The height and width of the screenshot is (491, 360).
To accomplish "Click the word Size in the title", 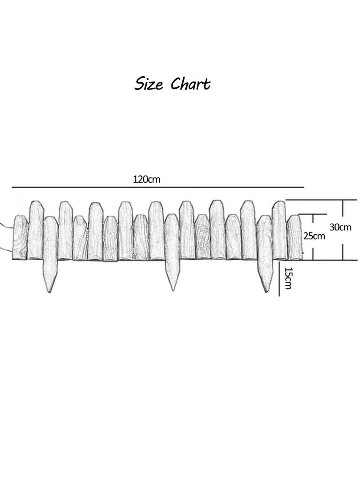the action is [x=148, y=84].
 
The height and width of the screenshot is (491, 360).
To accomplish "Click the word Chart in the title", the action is [x=191, y=84].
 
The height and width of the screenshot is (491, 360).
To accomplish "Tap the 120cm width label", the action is [x=147, y=180].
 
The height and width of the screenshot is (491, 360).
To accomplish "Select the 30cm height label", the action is [x=340, y=227].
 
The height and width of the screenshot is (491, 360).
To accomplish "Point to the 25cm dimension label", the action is [x=314, y=236].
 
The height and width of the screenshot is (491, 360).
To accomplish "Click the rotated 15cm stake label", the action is [x=288, y=278].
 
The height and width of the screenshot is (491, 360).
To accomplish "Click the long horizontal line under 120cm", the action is [x=158, y=187].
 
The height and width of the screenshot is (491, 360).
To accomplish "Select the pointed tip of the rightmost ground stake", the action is [x=266, y=292].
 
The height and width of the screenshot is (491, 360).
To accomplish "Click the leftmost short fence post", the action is [x=20, y=237].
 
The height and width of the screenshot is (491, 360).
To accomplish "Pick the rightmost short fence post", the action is [x=294, y=237].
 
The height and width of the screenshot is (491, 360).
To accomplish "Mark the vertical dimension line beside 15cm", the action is [x=279, y=279].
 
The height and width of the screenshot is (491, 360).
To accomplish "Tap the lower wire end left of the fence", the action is [x=1, y=248].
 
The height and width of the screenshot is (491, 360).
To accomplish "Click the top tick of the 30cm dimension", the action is [x=343, y=200].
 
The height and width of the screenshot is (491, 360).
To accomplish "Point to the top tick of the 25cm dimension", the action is [x=313, y=215].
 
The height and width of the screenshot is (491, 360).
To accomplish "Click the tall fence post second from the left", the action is [x=36, y=230].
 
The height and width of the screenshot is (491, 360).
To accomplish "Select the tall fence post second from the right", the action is [x=279, y=230].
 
